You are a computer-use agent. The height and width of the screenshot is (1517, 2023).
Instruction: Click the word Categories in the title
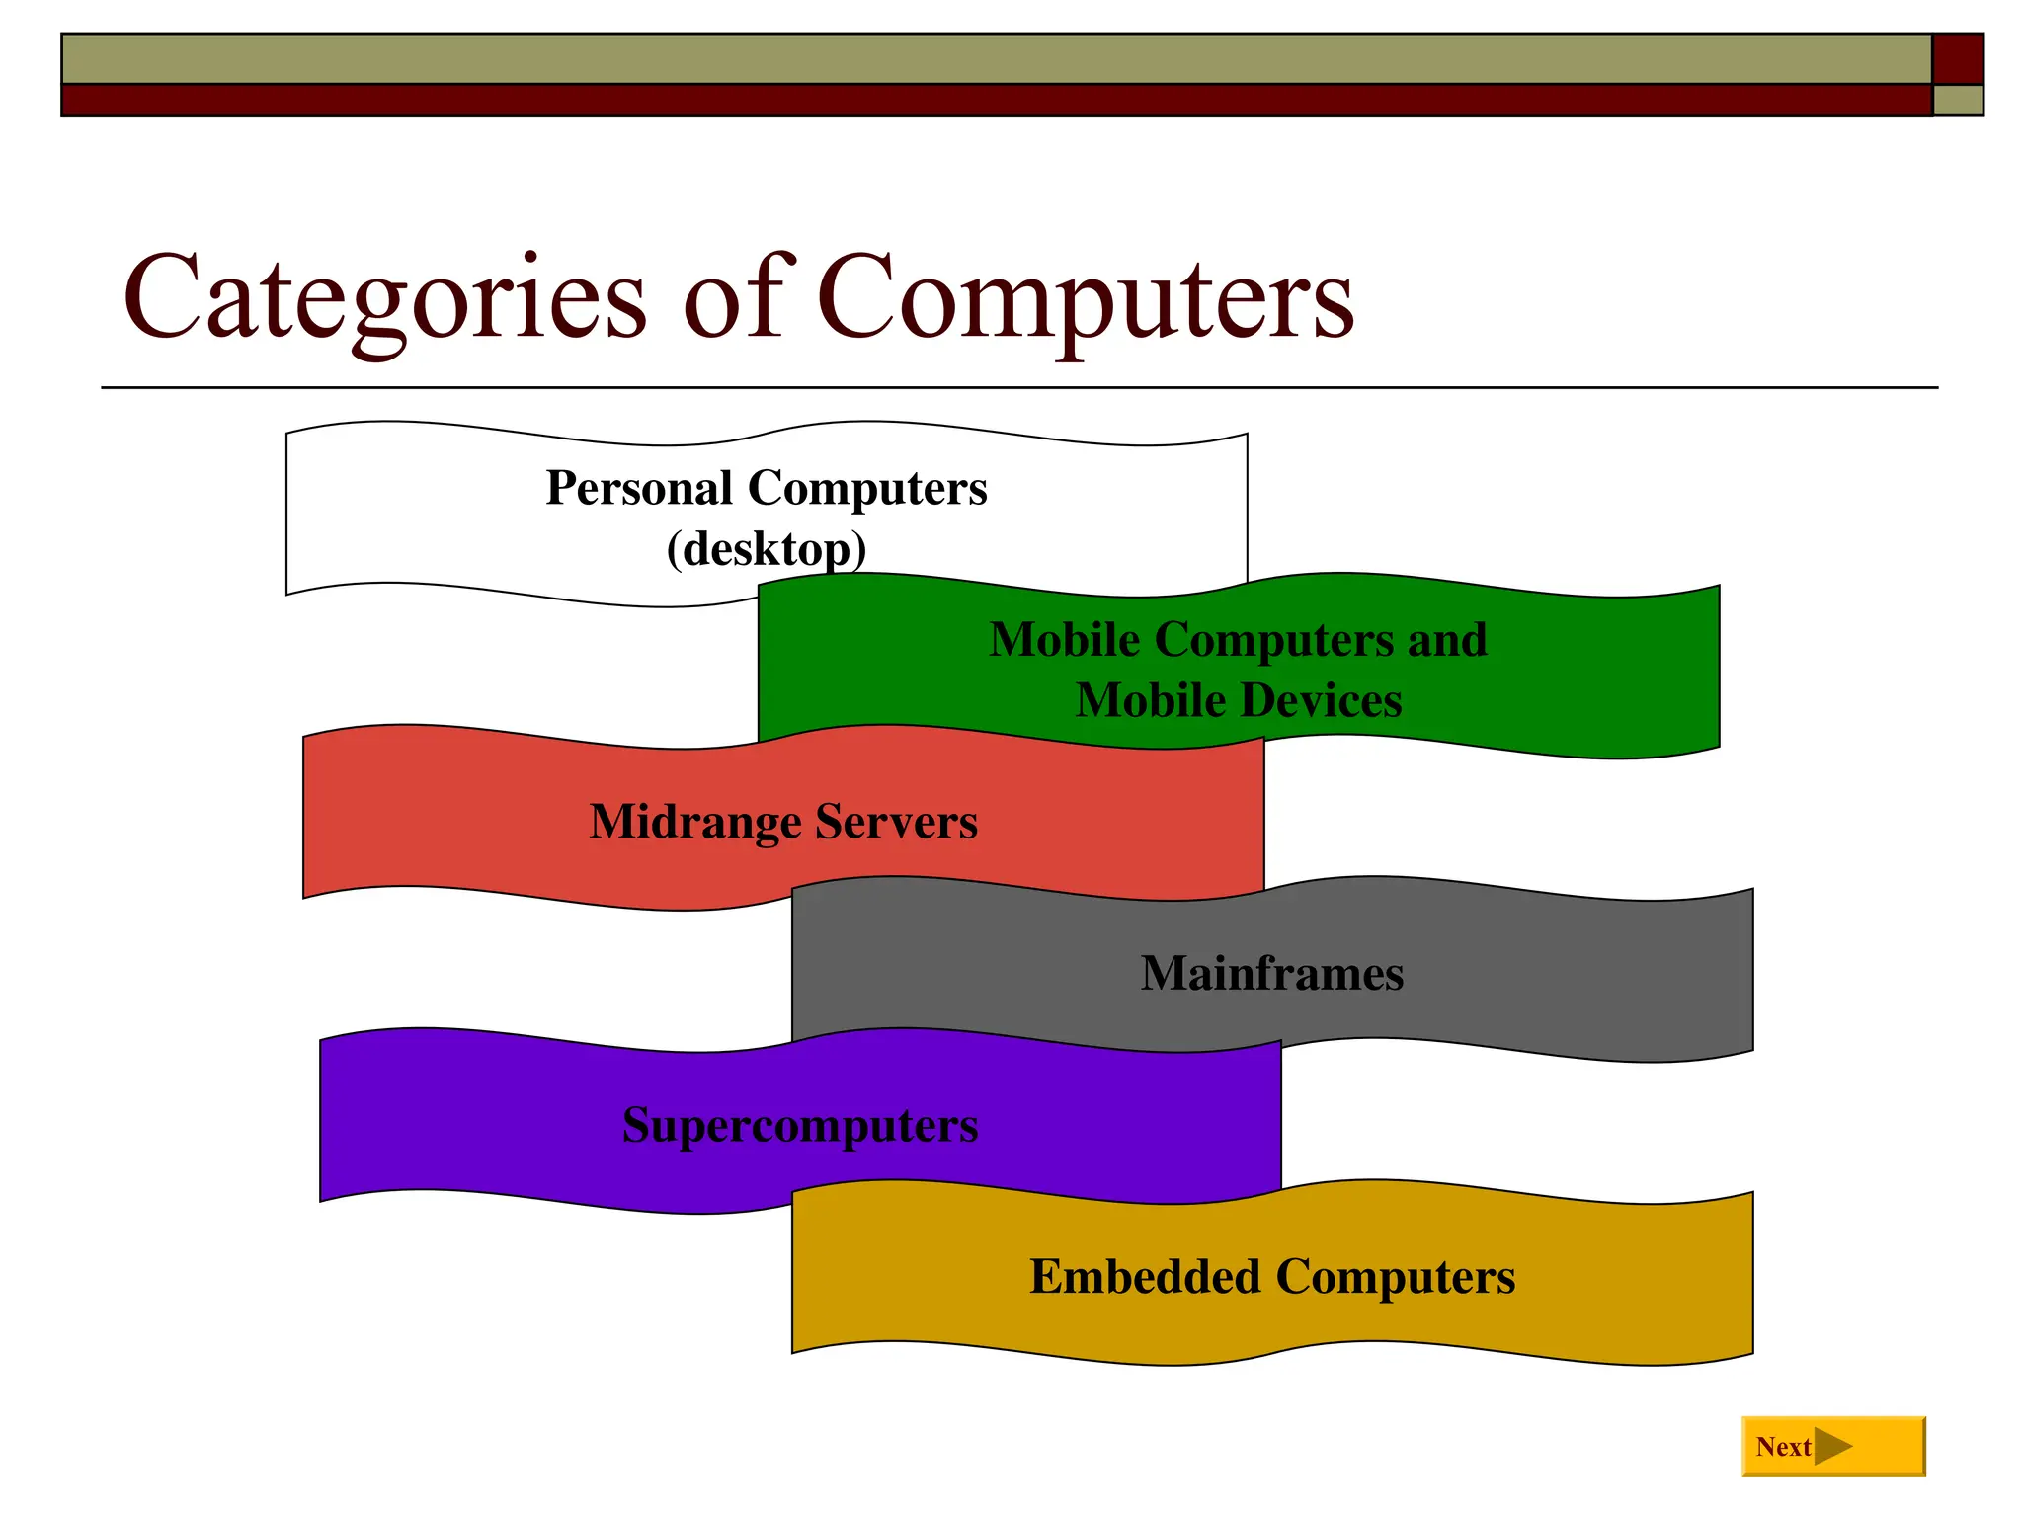point(385,296)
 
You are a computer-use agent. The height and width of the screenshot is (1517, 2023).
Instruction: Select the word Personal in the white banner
point(639,488)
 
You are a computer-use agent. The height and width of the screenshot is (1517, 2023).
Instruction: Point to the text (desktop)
point(767,549)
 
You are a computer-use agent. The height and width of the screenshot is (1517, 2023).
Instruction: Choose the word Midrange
point(695,822)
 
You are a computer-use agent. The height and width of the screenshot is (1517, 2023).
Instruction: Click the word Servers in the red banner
point(896,822)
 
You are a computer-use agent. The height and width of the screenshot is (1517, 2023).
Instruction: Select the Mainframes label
point(1272,973)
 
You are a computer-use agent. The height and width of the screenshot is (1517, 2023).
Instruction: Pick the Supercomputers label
point(800,1125)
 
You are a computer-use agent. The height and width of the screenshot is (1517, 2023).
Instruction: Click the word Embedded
point(1145,1276)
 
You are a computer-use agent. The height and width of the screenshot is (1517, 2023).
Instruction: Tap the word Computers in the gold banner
point(1395,1276)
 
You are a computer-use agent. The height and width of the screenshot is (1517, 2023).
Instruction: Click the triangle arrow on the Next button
point(1832,1447)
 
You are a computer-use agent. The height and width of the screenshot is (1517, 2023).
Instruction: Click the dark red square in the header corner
point(1958,58)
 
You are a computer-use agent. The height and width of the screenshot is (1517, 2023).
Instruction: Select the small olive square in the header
point(1958,100)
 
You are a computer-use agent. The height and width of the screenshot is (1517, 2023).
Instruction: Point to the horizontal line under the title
point(1017,387)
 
